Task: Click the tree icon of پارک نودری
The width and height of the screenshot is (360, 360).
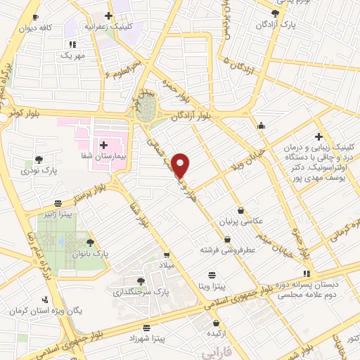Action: coord(39,159)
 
